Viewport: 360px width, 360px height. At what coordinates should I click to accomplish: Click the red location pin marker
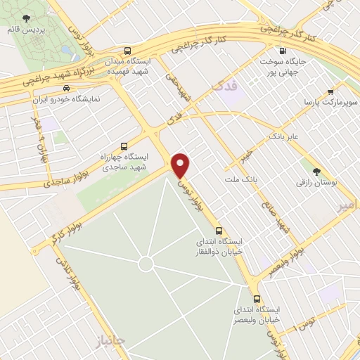tap(181, 165)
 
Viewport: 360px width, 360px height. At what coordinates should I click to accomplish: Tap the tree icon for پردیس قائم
tap(26, 18)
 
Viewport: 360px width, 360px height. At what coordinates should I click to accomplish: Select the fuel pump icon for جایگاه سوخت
tap(283, 51)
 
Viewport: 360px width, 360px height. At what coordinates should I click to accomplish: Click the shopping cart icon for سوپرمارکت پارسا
tap(330, 91)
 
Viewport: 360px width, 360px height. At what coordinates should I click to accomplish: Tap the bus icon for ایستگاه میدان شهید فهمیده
tap(127, 51)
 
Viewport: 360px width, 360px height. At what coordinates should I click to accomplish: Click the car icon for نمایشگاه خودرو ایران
tap(65, 89)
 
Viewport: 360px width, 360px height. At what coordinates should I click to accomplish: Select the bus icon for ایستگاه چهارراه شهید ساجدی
tap(124, 146)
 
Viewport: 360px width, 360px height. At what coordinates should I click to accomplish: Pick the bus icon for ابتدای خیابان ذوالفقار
tap(219, 230)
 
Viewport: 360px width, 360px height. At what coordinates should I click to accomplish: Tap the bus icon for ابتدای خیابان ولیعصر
tap(257, 298)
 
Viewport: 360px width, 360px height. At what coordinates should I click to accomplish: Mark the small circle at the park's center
tap(146, 264)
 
